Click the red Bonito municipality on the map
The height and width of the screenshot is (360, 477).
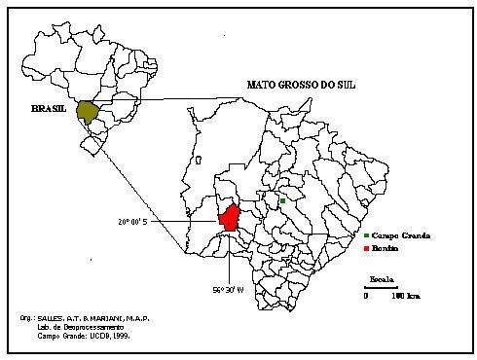point(230,219)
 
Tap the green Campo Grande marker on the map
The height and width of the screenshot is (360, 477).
point(281,201)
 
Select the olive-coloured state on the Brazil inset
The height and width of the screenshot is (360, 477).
point(89,112)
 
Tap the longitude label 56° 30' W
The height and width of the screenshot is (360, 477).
point(229,289)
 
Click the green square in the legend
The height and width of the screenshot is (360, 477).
point(366,236)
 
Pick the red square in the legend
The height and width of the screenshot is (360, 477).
point(366,248)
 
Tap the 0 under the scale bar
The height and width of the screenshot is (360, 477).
point(367,295)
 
